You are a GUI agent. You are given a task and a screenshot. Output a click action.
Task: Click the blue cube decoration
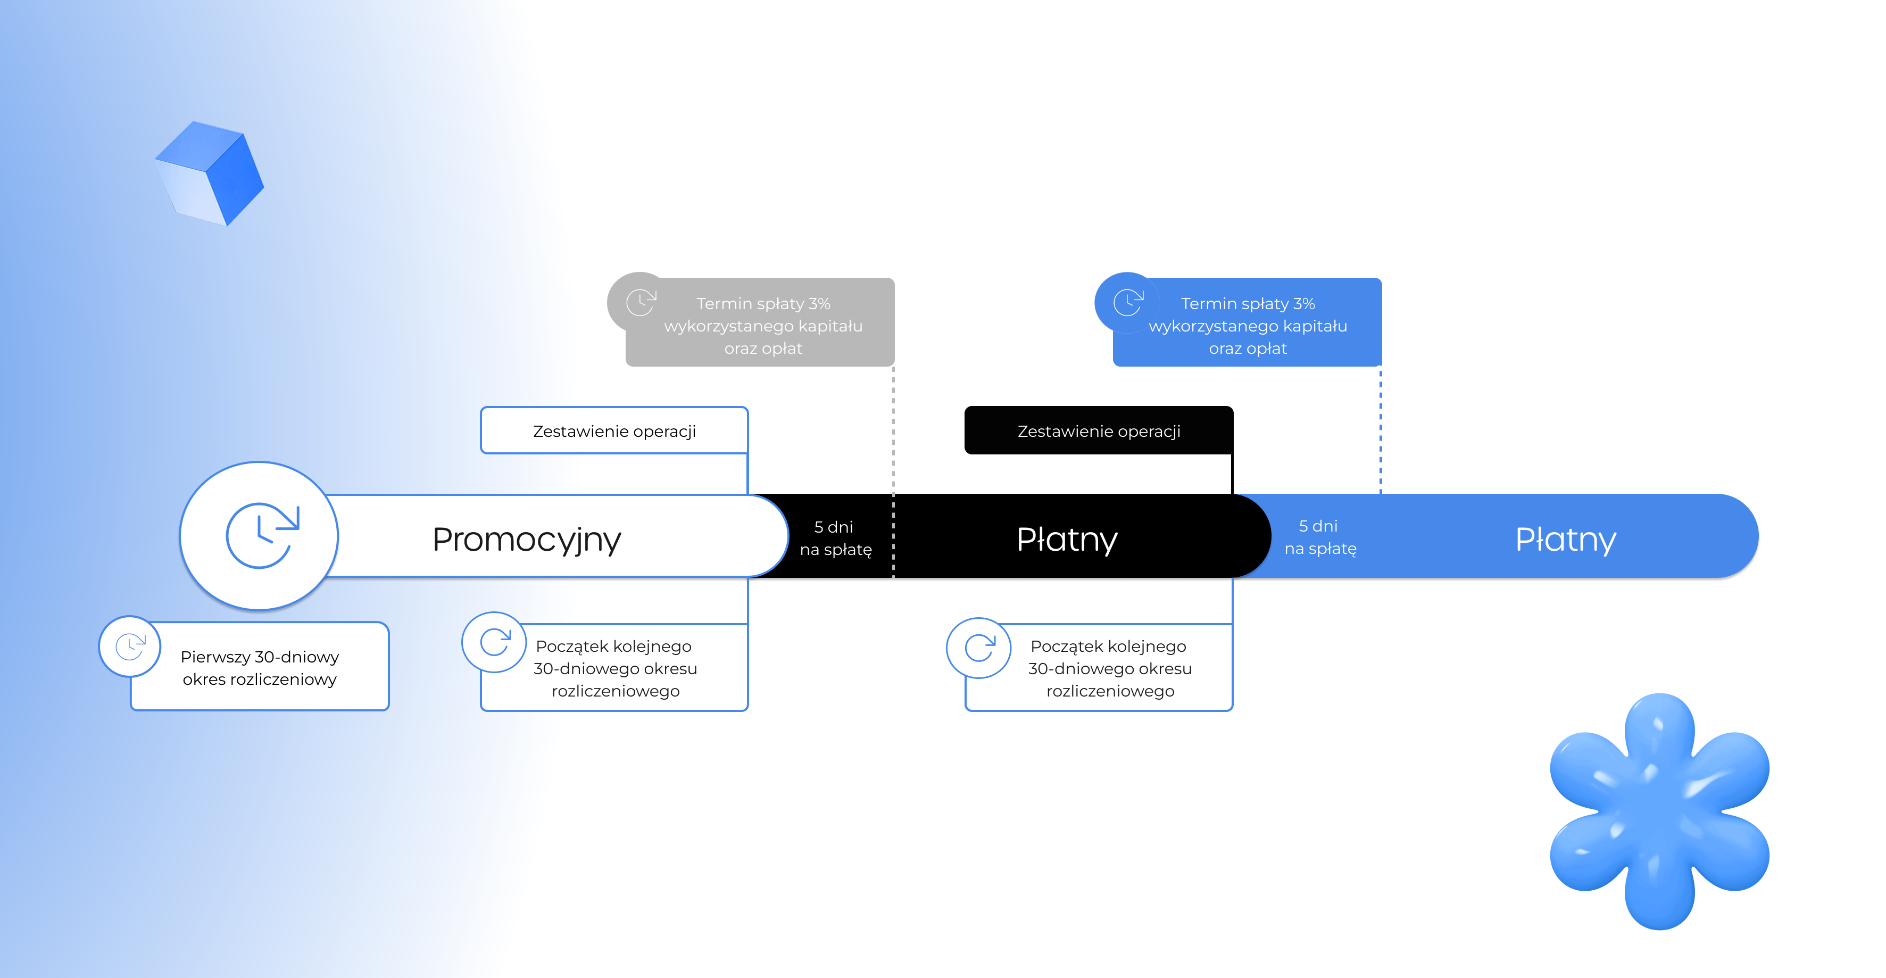coord(210,173)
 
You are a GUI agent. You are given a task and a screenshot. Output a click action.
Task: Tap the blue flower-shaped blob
coord(1659,810)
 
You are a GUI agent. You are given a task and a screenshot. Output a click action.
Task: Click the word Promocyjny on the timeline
coord(526,540)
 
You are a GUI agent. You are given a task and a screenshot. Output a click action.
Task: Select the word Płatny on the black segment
coord(1067,540)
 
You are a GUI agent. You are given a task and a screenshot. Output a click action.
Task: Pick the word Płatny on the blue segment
coord(1565,540)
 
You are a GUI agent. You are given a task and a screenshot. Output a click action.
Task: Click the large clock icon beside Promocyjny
coord(260,536)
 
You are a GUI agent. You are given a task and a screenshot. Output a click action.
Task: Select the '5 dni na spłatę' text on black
coord(835,538)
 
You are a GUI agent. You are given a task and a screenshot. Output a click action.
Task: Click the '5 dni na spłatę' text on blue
coord(1320,537)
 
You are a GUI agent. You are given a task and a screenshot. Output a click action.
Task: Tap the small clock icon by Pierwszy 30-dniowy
coord(130,647)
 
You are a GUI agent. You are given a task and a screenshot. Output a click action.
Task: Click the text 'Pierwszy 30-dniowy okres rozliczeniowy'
coord(260,668)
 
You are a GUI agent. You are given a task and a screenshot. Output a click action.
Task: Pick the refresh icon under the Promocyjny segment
coord(495,643)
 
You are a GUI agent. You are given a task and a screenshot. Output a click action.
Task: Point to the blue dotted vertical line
coord(1380,432)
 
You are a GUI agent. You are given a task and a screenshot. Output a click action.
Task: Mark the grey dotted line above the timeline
coord(893,432)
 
